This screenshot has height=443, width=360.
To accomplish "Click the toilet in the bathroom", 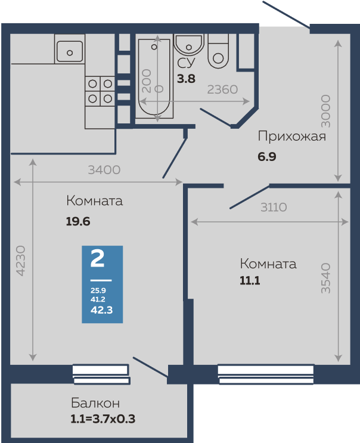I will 219,51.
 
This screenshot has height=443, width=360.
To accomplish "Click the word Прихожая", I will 291,137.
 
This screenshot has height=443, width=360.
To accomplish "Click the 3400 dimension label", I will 104,170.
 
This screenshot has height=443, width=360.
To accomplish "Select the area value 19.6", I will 77,221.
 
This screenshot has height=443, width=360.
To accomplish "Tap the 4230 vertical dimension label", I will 21,260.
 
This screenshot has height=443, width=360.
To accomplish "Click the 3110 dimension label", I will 274,207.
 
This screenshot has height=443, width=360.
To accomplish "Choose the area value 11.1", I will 250,280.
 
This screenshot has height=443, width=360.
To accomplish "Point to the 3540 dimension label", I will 325,277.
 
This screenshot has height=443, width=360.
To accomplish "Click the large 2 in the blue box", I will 97,259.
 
